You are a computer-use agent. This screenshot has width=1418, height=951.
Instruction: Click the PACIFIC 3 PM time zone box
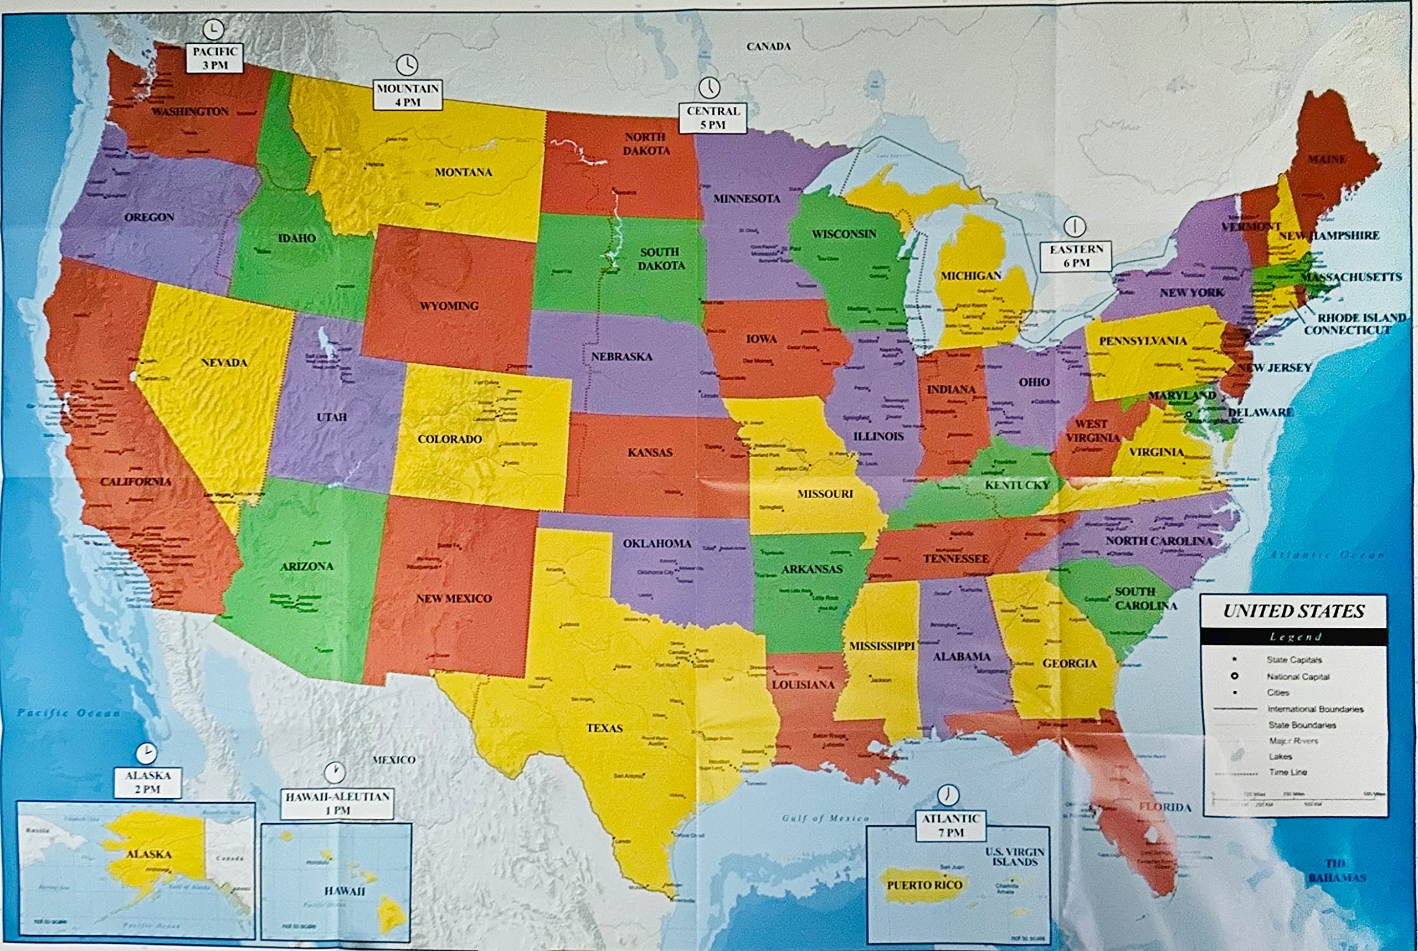click(x=214, y=58)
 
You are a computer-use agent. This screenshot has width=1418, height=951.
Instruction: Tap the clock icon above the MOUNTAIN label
click(x=407, y=64)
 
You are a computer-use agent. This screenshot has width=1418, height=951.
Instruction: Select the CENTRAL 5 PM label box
click(x=712, y=118)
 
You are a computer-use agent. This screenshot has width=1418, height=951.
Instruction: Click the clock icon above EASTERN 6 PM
click(x=1075, y=226)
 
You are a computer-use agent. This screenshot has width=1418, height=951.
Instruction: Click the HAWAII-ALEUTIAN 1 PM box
click(x=337, y=803)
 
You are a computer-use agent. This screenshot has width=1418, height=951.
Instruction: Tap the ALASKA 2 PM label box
click(x=147, y=782)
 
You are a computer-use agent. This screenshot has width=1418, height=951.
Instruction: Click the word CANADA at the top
click(x=768, y=46)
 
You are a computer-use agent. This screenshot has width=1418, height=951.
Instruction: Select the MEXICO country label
click(x=394, y=759)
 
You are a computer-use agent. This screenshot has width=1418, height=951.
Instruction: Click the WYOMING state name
click(x=449, y=306)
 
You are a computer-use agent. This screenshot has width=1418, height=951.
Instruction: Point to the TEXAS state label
click(x=604, y=728)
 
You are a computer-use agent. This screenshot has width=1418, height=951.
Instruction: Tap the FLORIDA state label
click(x=1164, y=807)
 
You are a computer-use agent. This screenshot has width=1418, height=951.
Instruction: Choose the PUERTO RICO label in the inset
click(x=924, y=885)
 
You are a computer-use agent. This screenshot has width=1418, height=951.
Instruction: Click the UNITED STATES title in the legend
click(x=1293, y=611)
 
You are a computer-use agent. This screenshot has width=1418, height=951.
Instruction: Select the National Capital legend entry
click(x=1297, y=676)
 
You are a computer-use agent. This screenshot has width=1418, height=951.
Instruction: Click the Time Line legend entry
click(x=1287, y=772)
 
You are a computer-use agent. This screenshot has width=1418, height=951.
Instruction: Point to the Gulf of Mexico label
click(x=825, y=818)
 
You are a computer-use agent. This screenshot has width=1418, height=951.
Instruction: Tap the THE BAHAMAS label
click(x=1337, y=870)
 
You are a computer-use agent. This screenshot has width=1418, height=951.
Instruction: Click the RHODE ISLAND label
click(x=1361, y=317)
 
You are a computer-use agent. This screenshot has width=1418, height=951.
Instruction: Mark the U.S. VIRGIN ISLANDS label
click(x=1015, y=856)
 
